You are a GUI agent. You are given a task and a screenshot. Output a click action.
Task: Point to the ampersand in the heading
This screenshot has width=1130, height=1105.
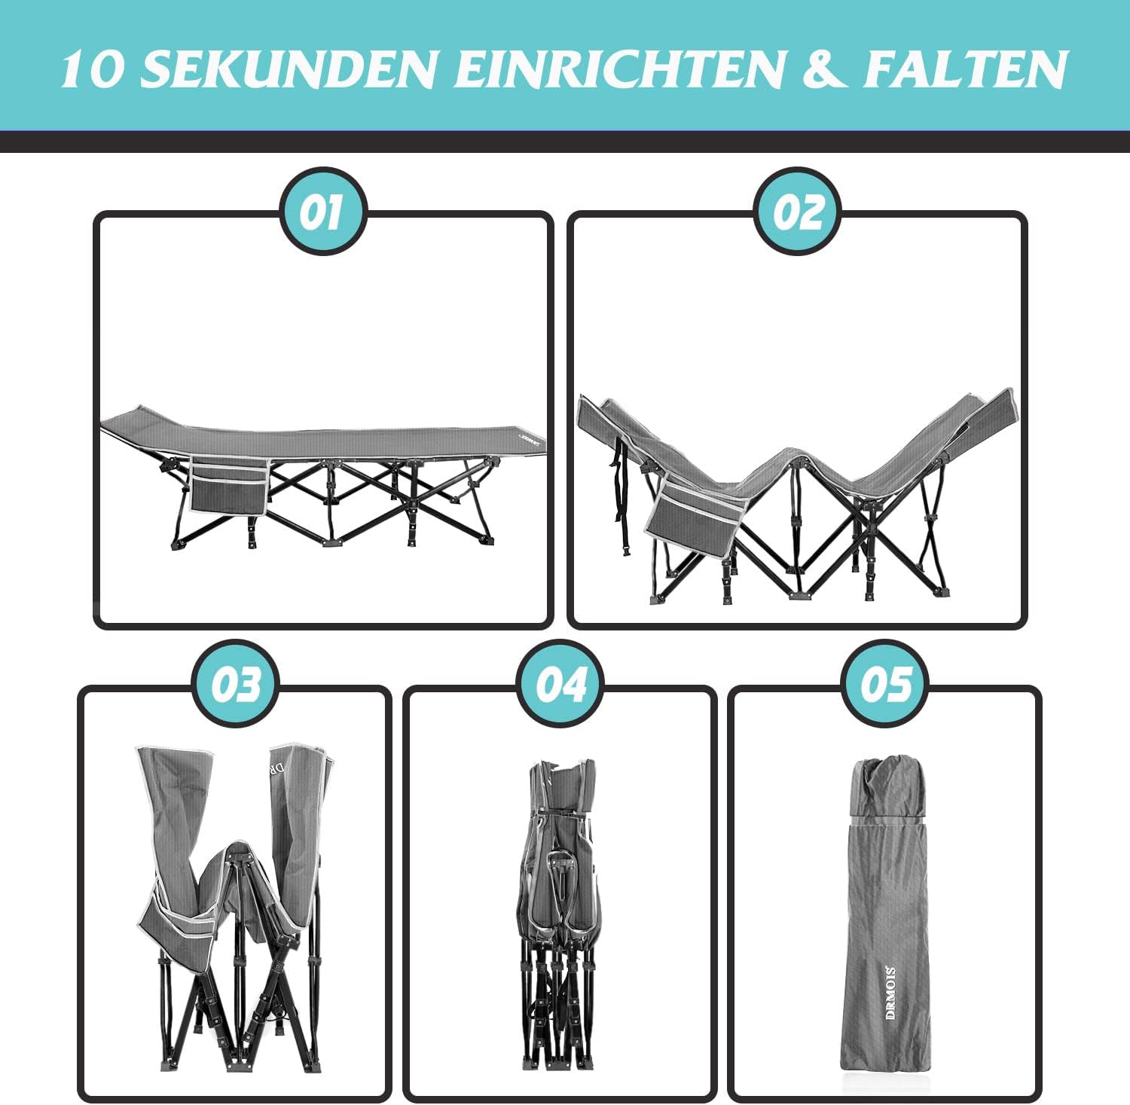(x=825, y=69)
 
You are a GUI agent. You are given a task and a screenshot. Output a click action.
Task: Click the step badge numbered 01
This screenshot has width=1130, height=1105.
(x=322, y=212)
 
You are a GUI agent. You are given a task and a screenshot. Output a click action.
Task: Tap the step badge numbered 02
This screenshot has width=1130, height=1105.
(x=798, y=212)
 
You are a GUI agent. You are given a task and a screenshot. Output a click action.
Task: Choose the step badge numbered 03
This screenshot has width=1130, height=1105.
(x=235, y=683)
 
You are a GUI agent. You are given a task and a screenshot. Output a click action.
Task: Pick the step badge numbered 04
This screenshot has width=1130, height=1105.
(x=560, y=683)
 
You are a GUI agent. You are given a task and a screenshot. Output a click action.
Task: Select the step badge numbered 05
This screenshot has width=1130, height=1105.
(x=884, y=683)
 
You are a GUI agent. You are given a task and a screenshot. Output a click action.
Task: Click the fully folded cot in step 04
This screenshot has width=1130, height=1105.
(x=560, y=914)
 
